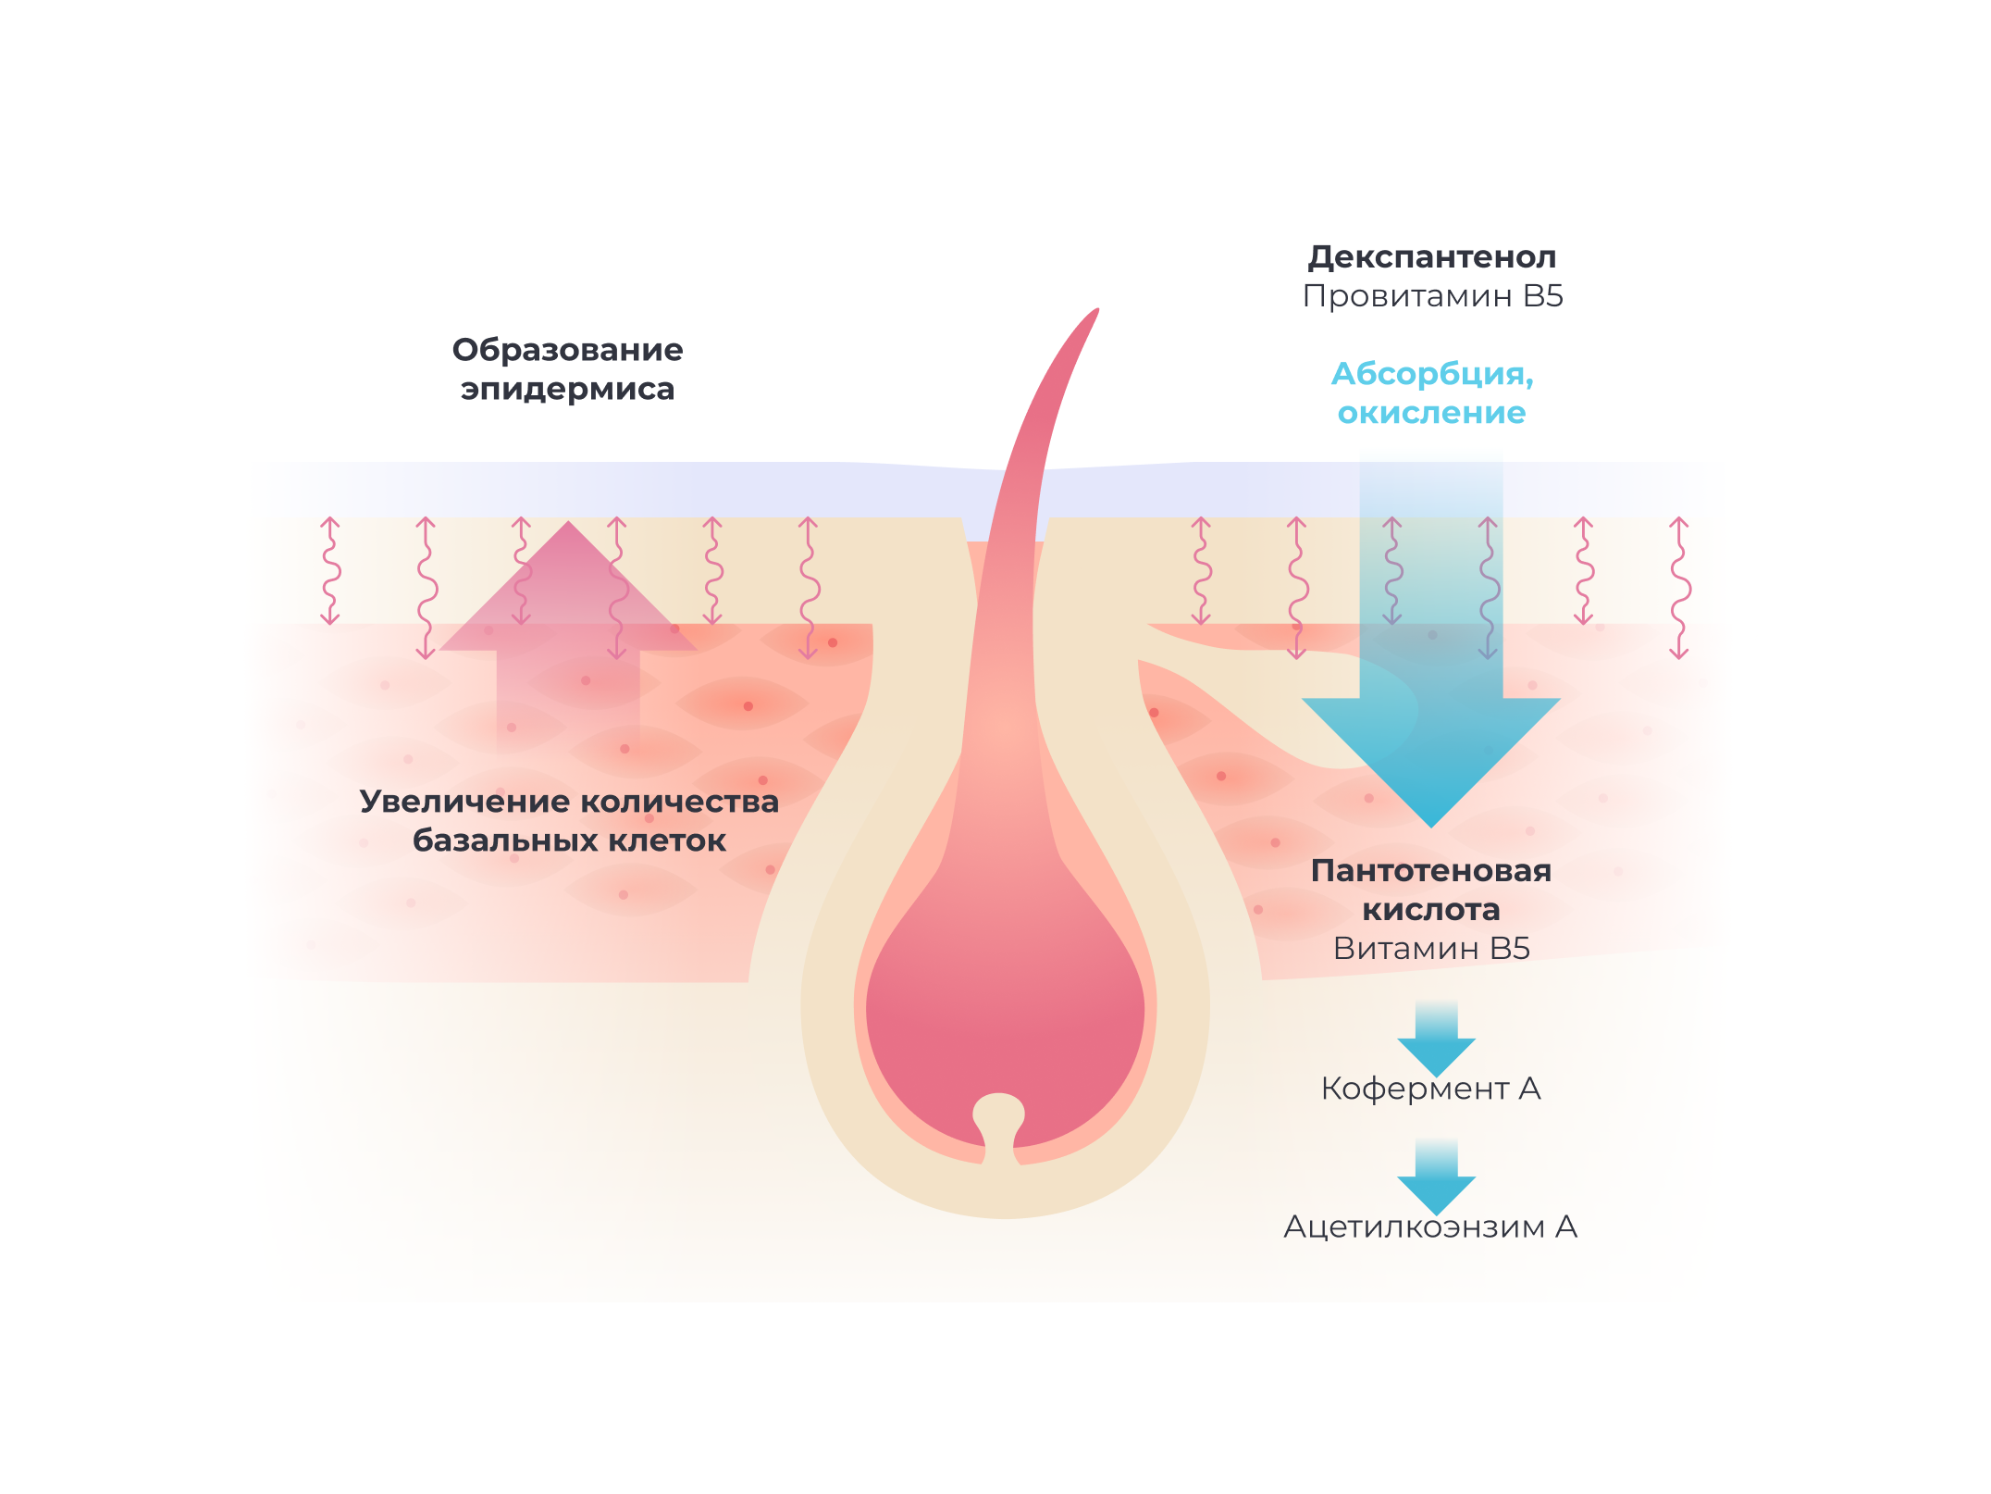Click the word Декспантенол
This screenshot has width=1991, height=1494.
[x=1431, y=257]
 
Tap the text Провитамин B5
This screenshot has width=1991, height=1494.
[x=1432, y=296]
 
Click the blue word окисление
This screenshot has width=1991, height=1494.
[x=1431, y=413]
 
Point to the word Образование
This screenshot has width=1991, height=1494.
[x=567, y=350]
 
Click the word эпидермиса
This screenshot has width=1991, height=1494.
[x=567, y=389]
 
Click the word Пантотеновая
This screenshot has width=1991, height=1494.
[x=1430, y=871]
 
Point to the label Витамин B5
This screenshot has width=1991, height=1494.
[x=1431, y=949]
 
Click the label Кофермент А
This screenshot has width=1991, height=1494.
[x=1430, y=1089]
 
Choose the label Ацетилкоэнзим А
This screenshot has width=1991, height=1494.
[x=1430, y=1227]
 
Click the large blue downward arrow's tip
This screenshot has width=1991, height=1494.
[x=1431, y=822]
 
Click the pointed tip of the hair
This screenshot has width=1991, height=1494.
[x=1096, y=312]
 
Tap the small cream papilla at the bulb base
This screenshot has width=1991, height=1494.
[x=999, y=1115]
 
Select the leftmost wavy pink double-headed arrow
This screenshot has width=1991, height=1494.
[x=330, y=571]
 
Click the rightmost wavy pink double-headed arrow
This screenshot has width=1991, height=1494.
[x=1679, y=588]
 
